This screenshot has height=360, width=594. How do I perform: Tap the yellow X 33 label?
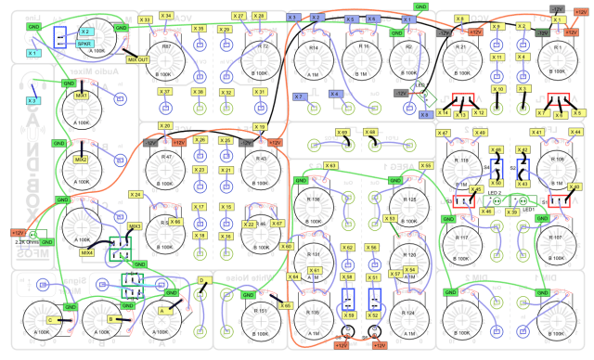tap(145, 19)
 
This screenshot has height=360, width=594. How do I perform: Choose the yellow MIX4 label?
tap(87, 251)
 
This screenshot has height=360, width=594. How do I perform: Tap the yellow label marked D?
tap(200, 279)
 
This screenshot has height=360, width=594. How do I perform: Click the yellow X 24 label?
tap(136, 195)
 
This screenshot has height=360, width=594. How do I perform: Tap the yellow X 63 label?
tap(329, 166)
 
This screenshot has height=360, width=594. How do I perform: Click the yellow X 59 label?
tap(350, 315)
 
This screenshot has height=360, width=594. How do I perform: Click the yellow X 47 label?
tap(443, 134)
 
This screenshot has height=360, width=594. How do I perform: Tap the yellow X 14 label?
tap(444, 112)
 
